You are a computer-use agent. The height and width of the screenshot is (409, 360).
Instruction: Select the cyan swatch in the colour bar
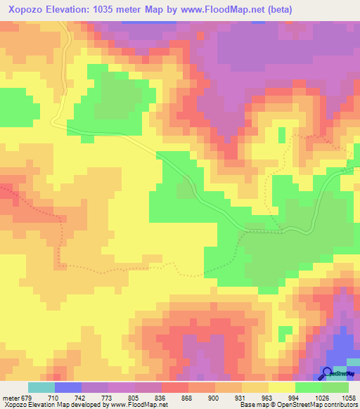click(41, 387)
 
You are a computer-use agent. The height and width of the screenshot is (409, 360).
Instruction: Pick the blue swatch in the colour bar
click(68, 387)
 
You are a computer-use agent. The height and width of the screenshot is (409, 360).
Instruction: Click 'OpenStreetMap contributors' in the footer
click(323, 405)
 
